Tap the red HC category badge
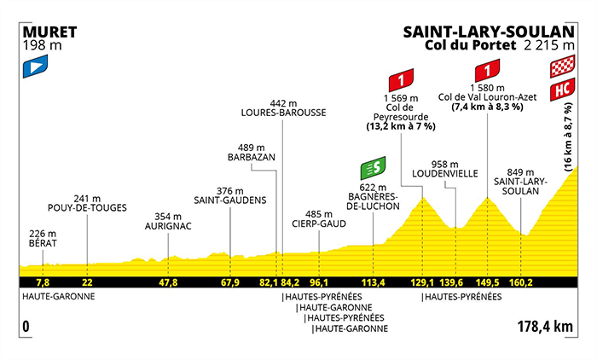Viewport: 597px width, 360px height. [561, 88]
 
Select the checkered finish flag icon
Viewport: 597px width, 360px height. [561, 67]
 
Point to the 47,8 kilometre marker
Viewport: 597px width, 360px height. [168, 282]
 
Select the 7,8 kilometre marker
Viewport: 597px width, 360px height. [41, 282]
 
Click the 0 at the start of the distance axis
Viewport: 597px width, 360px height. [26, 326]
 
